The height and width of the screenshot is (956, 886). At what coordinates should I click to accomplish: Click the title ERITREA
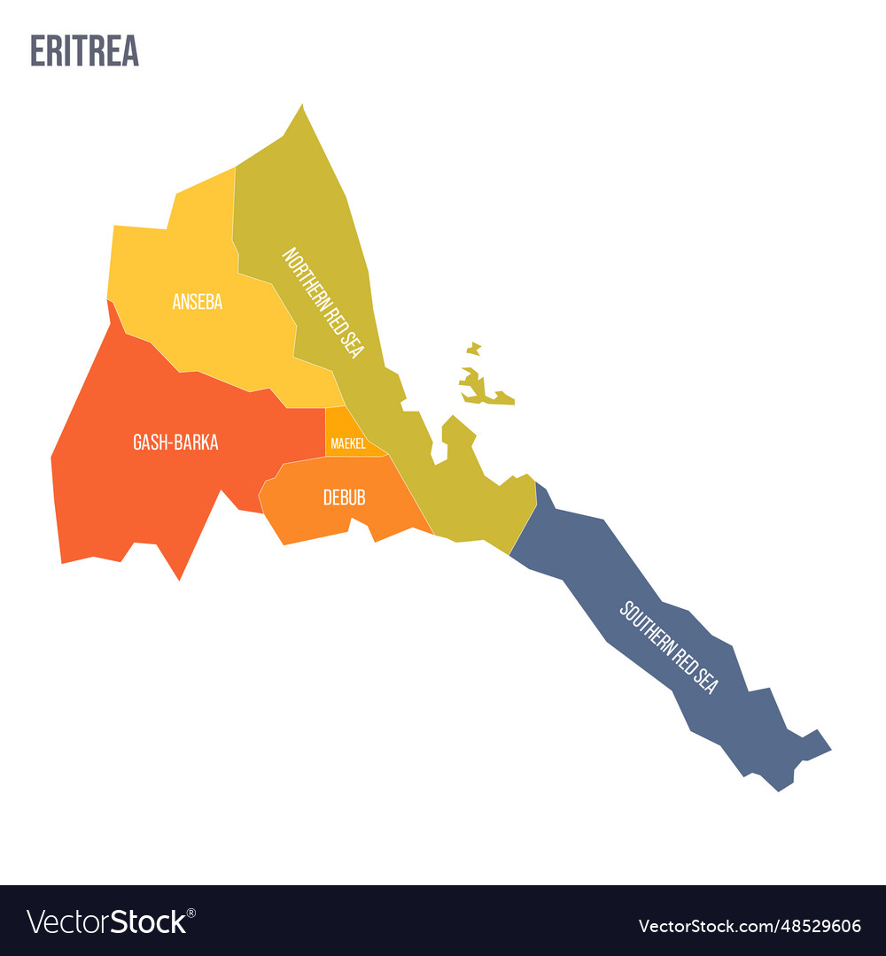tap(84, 51)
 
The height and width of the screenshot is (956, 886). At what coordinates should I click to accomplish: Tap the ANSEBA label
tap(198, 302)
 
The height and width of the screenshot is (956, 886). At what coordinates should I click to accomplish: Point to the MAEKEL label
tap(347, 443)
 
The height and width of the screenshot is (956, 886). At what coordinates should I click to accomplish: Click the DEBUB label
tap(344, 497)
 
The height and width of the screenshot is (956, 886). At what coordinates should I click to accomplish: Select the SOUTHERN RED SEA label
tap(668, 647)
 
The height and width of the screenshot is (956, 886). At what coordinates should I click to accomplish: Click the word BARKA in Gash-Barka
tap(196, 443)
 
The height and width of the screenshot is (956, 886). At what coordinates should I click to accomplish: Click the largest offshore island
tap(483, 390)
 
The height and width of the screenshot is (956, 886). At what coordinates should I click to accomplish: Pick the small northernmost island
tap(474, 348)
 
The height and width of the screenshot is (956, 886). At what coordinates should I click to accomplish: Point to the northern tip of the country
tap(302, 107)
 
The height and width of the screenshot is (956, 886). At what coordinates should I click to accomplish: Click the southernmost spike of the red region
tap(180, 578)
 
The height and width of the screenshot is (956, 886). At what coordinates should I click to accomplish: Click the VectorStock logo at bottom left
tap(108, 922)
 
